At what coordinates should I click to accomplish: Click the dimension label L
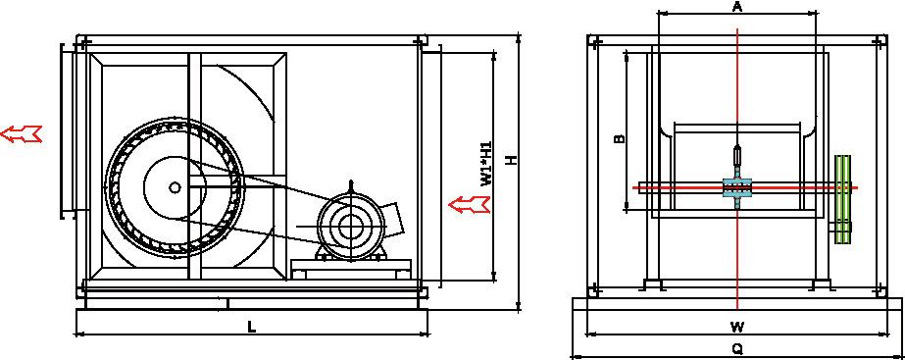tap(251, 327)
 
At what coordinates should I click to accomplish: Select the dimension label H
tap(510, 161)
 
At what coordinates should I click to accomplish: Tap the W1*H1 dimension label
tap(486, 164)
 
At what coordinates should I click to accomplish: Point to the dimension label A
tap(737, 6)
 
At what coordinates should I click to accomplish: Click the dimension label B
tap(618, 138)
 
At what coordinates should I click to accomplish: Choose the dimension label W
tap(736, 327)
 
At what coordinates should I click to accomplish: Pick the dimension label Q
tap(737, 349)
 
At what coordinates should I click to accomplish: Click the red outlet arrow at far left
tap(22, 134)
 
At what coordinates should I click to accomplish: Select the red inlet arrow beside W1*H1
tap(470, 204)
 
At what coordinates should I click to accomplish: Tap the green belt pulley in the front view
tap(843, 199)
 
